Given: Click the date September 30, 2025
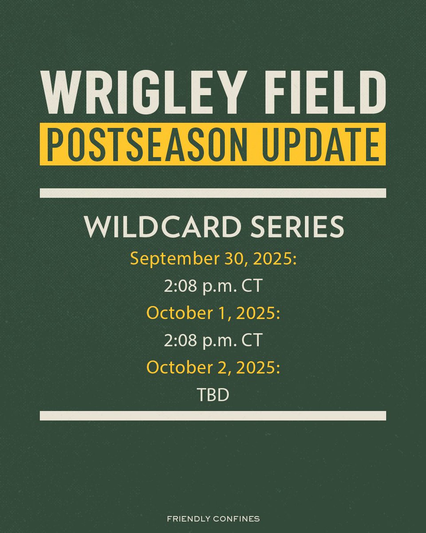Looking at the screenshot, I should pos(213,259).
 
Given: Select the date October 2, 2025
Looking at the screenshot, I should pos(213,367).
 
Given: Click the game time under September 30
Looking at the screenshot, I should pos(213,286).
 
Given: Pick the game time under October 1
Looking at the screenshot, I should pos(213,340).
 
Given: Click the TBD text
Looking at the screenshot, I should pos(213,394).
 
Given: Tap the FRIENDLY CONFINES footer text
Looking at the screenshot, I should pos(213,518).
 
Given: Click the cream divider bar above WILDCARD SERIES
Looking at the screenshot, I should pos(213,193).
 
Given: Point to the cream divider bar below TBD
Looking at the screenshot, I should pos(213,415).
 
